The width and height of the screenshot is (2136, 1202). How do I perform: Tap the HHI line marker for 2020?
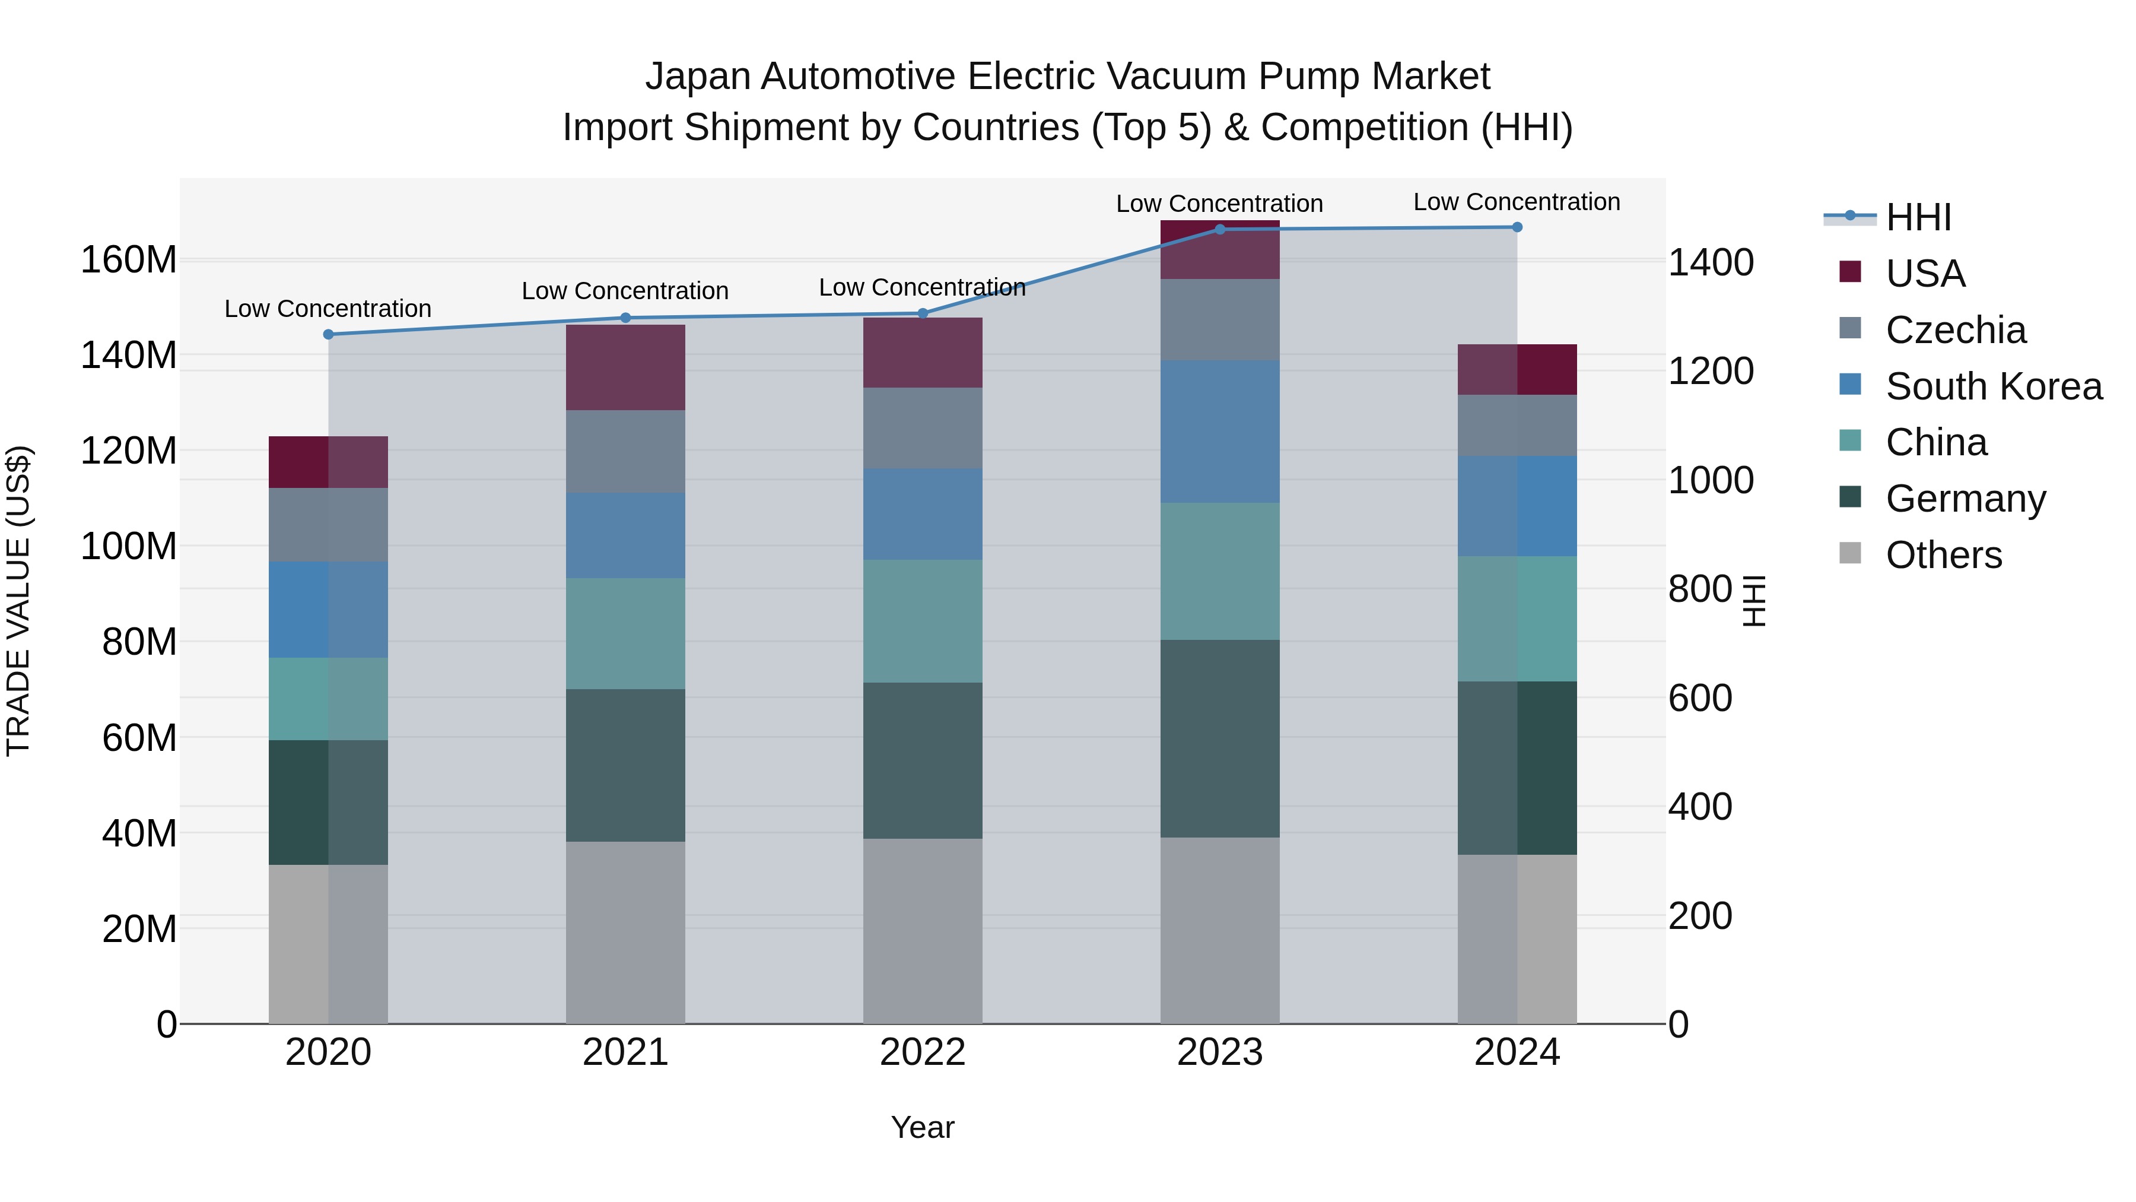coord(328,334)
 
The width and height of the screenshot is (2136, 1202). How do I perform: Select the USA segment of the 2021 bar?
coord(625,367)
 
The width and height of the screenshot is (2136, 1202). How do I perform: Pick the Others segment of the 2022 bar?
coord(922,931)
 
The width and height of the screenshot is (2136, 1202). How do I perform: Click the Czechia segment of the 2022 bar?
coord(922,428)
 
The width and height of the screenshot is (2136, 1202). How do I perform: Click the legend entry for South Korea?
coord(1994,386)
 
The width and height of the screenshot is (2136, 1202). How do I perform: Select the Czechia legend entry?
coord(1955,330)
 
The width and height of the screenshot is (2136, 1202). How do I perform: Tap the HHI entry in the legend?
coord(1918,217)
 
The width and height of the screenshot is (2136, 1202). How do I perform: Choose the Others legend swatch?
coord(1850,553)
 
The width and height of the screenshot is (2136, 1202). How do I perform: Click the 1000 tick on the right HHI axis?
coord(1710,480)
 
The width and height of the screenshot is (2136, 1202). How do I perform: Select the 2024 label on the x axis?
coord(1517,1052)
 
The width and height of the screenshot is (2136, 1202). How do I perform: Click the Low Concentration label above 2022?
coord(922,288)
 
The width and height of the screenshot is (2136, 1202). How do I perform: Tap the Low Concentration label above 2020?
coord(328,309)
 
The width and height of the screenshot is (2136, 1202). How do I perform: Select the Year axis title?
coord(922,1127)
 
